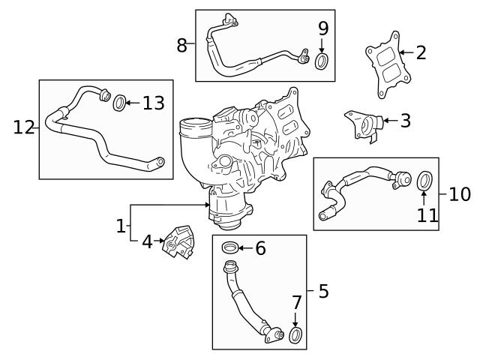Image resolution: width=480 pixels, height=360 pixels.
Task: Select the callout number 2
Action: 421,52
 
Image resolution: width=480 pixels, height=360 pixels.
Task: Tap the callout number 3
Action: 405,120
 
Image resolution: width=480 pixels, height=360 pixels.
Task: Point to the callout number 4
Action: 147,241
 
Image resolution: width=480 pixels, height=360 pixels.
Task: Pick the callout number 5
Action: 323,291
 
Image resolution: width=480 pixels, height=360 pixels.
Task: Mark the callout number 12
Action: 23,127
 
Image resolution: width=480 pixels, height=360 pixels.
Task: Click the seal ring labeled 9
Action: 322,61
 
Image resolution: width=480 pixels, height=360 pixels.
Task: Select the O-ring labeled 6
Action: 231,247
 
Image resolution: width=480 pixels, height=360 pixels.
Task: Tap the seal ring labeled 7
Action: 297,334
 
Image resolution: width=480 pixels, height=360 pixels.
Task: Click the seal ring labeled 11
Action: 424,181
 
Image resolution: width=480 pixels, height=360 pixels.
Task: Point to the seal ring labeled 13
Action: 119,103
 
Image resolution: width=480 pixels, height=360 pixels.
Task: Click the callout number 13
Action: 153,103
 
